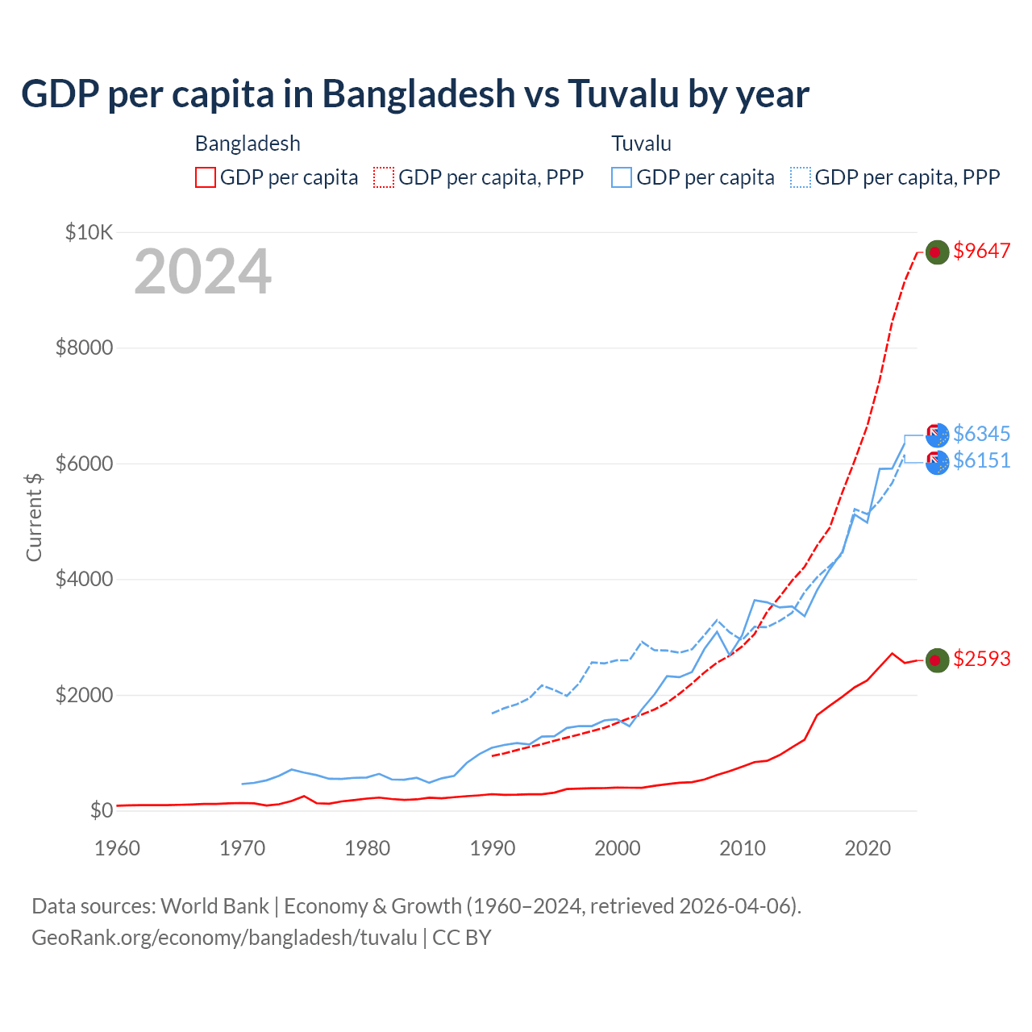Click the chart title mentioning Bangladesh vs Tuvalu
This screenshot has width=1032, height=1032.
414,94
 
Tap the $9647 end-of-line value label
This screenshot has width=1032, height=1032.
981,252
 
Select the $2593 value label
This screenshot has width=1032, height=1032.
981,660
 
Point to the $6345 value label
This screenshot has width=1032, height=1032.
981,435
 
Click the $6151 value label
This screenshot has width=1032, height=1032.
981,461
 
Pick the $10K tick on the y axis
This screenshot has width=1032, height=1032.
89,233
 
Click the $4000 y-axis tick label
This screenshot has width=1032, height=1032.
84,580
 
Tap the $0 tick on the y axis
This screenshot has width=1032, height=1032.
101,810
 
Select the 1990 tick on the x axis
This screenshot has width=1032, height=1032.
492,848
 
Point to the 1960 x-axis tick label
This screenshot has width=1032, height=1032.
118,848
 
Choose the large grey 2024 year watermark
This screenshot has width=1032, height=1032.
202,273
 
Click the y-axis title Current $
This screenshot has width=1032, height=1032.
34,517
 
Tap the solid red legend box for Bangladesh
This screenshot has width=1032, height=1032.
206,177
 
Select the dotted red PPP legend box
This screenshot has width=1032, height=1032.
385,177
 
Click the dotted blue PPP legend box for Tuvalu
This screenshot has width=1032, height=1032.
801,177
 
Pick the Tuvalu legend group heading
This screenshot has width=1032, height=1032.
641,144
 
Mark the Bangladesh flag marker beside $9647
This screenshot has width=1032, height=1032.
936,252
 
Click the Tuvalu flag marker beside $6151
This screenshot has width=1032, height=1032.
937,463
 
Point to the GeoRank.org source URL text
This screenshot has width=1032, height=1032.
224,938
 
